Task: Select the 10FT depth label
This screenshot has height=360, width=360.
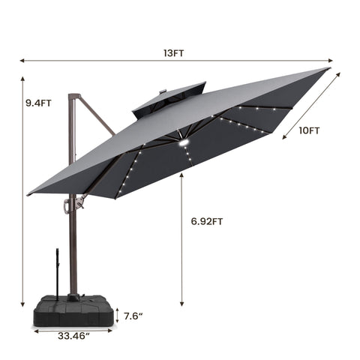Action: (308, 130)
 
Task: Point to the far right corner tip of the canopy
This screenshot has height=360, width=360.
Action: (328, 69)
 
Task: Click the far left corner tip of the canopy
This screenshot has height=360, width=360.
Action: (28, 194)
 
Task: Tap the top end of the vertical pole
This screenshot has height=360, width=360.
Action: (73, 96)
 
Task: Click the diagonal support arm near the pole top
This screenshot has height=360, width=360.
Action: (97, 116)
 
